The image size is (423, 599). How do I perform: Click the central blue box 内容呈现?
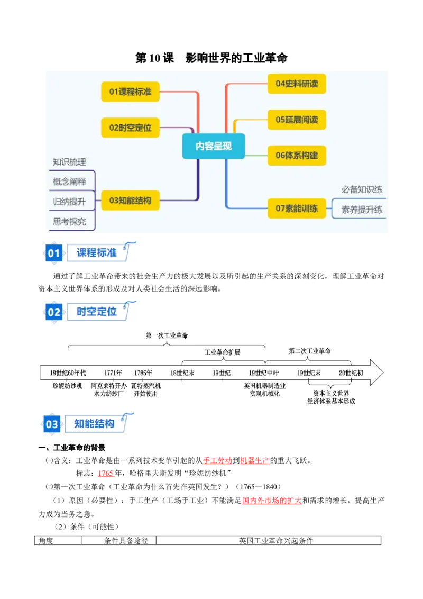point(214,146)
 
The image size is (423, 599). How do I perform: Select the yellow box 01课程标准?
point(130,92)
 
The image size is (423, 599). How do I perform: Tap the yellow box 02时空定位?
point(130,128)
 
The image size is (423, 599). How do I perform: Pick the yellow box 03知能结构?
point(130,201)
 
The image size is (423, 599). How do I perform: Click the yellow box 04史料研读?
point(297,84)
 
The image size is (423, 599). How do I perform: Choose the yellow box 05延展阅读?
point(297,120)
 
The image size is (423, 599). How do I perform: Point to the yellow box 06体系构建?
point(297,156)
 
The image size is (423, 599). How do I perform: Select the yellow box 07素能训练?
point(297,208)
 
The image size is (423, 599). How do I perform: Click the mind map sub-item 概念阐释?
point(69,181)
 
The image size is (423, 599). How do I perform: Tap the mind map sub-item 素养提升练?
point(362,210)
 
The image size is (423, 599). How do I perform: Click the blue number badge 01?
point(54,253)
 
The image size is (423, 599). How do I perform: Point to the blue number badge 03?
point(51,424)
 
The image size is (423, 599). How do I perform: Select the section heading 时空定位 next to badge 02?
point(97,312)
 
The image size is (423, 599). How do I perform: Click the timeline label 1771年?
point(113,373)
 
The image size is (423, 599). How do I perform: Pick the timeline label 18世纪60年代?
point(68,373)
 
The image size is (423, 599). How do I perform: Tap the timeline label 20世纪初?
point(351,373)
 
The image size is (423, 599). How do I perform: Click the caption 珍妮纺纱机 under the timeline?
point(68,386)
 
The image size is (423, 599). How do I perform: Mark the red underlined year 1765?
point(105,473)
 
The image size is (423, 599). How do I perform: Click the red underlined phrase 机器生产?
point(255,460)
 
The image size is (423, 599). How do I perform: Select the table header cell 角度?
point(46,541)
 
